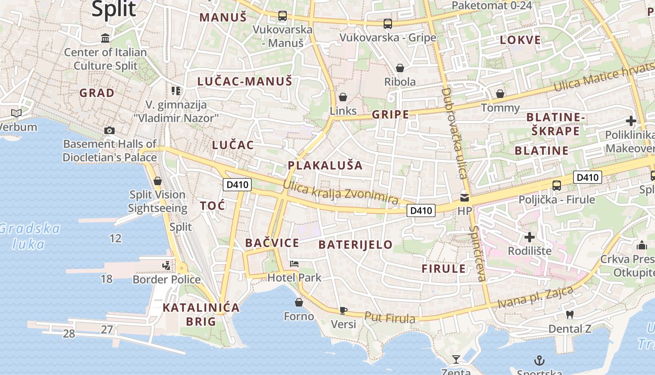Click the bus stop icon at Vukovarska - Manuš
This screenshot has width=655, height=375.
(x=282, y=16)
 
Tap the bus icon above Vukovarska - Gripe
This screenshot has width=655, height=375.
(x=387, y=23)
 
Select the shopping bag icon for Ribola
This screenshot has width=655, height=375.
(x=400, y=68)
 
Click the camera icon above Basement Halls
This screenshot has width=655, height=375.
(x=109, y=130)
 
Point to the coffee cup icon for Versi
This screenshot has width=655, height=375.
(x=343, y=310)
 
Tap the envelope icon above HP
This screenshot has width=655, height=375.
(x=464, y=198)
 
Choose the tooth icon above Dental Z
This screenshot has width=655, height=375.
(x=569, y=315)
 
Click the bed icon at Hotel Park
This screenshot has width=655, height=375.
(x=294, y=264)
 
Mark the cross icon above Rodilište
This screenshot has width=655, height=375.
(x=530, y=237)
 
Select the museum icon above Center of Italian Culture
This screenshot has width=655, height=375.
(x=105, y=38)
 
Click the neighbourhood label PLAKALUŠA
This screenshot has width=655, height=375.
(x=325, y=165)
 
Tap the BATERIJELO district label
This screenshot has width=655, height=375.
(x=356, y=245)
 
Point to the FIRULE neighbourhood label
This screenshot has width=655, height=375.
(x=444, y=269)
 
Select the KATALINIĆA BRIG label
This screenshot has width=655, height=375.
(x=201, y=315)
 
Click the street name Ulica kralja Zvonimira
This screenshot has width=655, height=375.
(x=341, y=193)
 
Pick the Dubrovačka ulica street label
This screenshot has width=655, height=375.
(x=454, y=134)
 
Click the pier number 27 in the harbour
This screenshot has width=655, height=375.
(x=107, y=330)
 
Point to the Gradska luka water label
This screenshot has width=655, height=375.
(x=29, y=236)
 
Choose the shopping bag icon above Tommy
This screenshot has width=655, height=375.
(x=500, y=94)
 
